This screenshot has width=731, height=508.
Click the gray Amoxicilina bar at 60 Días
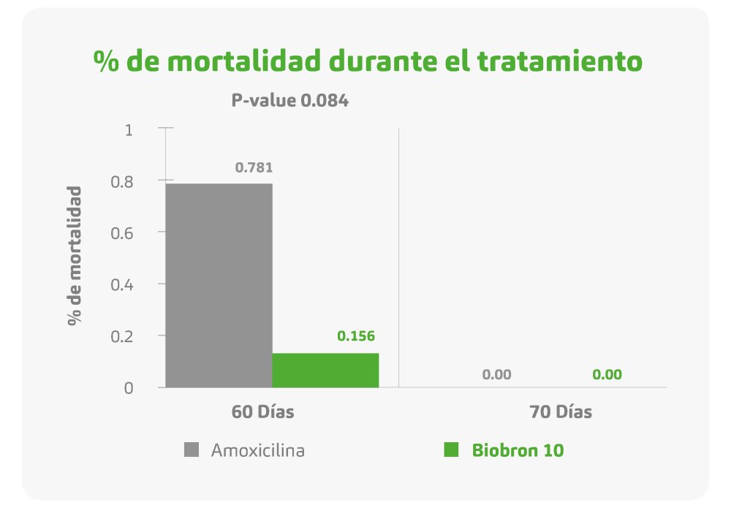click(x=219, y=285)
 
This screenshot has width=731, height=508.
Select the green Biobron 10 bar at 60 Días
click(x=325, y=370)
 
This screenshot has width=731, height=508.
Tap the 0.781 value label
click(x=254, y=167)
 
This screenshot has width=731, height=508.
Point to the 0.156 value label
click(x=355, y=336)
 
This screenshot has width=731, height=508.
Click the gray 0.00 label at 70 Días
click(x=496, y=375)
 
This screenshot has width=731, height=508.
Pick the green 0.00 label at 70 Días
click(x=607, y=375)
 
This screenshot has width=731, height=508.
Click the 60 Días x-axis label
click(x=263, y=412)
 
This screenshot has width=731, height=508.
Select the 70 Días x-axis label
click(x=561, y=412)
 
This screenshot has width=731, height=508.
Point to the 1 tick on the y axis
click(x=130, y=130)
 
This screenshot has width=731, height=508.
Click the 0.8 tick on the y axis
click(x=124, y=181)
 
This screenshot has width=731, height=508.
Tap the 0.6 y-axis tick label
click(x=124, y=233)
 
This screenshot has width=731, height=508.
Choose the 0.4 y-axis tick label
click(x=124, y=284)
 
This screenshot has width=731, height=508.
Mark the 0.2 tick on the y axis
click(x=124, y=336)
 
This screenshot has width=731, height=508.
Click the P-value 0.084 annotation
click(x=289, y=101)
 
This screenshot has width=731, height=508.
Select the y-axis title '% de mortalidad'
click(x=75, y=256)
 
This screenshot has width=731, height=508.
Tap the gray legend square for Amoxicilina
click(x=192, y=450)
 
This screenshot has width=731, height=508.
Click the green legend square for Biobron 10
click(x=451, y=450)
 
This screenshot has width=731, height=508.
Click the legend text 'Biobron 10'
click(x=518, y=450)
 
